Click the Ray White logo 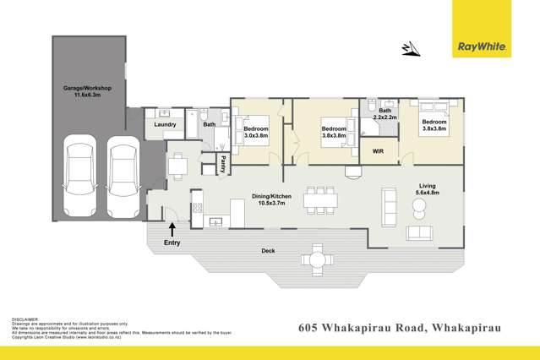pyautogui.click(x=481, y=46)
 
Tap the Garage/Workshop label pyautogui.click(x=87, y=91)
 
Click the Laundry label pyautogui.click(x=165, y=124)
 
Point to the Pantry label pyautogui.click(x=223, y=163)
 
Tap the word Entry pyautogui.click(x=172, y=243)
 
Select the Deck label pyautogui.click(x=270, y=250)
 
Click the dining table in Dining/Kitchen pyautogui.click(x=320, y=199)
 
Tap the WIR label pyautogui.click(x=379, y=152)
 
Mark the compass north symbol pyautogui.click(x=412, y=49)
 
